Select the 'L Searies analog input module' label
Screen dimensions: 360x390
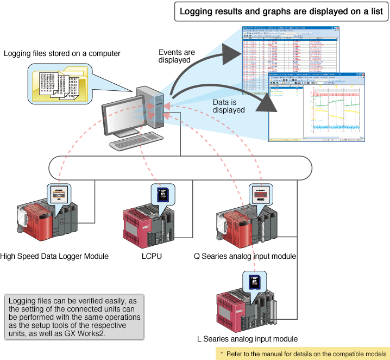[247, 339]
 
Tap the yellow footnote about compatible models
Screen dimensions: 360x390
[302, 353]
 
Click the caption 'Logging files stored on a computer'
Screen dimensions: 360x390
[61, 54]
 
